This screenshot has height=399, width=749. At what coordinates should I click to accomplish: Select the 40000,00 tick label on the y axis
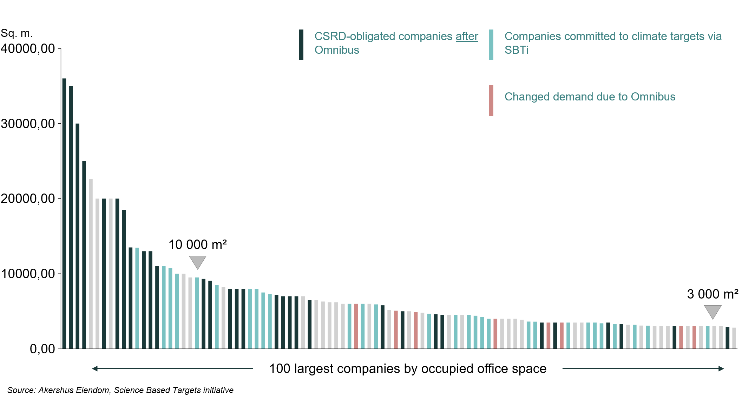pos(28,48)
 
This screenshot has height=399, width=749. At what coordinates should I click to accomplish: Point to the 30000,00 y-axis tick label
pos(28,124)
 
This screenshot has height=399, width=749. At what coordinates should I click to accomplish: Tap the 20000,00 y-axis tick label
pos(28,198)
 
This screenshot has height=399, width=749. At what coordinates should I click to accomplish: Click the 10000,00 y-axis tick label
pos(28,274)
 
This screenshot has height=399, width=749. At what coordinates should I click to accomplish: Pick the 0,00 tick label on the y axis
pos(42,349)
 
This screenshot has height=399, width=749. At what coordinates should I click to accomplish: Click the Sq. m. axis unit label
pos(17,33)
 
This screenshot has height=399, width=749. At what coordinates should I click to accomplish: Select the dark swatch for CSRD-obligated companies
pos(301,45)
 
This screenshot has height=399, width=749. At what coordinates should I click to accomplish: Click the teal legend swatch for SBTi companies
pos(491,45)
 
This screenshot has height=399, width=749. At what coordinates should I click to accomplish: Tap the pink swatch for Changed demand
pos(491,100)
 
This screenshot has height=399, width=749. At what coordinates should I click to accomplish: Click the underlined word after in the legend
pos(467,37)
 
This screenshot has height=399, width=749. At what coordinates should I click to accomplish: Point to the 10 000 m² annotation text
pos(197,244)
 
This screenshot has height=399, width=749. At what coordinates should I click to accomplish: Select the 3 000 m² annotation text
pos(712,294)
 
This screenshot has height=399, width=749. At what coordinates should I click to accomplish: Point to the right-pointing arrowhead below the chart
pos(721,368)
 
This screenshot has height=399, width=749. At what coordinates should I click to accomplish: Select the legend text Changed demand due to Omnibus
pos(590,97)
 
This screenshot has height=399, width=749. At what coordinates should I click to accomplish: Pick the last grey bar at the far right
pos(734,338)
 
